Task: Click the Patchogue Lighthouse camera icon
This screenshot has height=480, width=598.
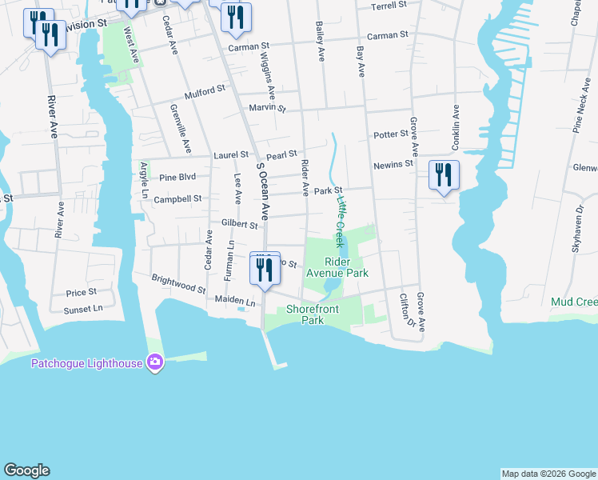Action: (155, 363)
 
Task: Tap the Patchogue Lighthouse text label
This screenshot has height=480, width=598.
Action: (86, 363)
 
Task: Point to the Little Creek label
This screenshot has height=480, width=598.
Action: (341, 222)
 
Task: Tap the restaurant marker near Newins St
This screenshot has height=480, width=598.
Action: (444, 175)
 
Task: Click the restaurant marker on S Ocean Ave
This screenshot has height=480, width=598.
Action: (265, 269)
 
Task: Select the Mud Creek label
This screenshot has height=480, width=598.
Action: (574, 302)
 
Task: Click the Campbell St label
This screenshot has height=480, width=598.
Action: (177, 199)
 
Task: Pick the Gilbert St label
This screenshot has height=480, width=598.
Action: (239, 225)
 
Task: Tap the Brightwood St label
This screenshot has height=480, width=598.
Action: (178, 282)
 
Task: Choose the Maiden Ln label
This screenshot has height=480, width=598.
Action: (234, 302)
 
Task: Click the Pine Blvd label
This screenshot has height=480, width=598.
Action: (177, 178)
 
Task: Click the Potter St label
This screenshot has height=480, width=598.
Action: (390, 134)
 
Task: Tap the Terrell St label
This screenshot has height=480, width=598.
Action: (390, 6)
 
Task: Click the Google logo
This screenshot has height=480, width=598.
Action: (26, 470)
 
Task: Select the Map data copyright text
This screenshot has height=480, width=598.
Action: (548, 474)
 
